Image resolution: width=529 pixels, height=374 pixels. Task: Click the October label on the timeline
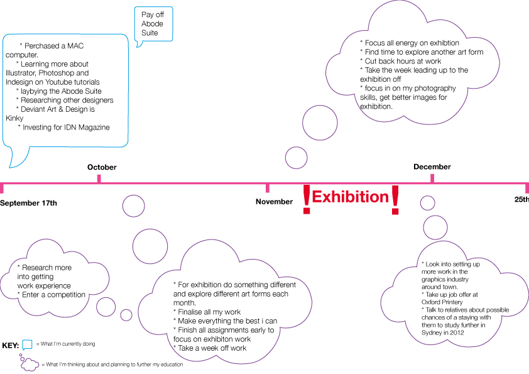102,167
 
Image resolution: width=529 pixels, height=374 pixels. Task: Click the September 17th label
28,203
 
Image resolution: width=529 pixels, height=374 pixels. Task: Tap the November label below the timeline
274,202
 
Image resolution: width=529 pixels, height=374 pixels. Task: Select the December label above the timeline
432,167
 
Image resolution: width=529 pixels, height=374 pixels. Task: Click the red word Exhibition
351,197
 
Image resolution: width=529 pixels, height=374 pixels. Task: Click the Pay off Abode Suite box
153,24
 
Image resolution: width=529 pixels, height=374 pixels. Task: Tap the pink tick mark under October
99,179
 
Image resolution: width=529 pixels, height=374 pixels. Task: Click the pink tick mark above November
268,187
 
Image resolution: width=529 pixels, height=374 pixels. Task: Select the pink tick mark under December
432,179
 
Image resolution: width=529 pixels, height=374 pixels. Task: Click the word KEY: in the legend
11,345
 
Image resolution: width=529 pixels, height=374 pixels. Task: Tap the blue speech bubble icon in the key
27,345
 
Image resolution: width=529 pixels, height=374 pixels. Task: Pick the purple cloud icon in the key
29,363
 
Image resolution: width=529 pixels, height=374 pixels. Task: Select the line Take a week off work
212,348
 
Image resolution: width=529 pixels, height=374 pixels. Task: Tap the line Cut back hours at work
402,62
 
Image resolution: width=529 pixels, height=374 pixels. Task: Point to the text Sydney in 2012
445,333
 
